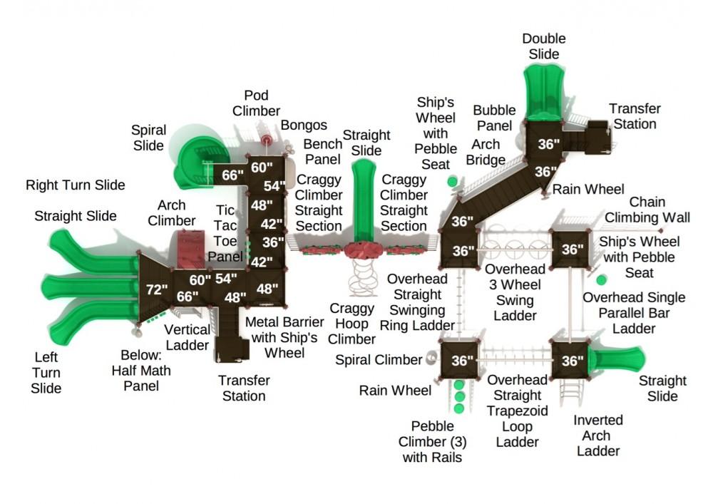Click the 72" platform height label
click(156, 289)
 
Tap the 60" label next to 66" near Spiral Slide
click(262, 168)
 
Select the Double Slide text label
click(543, 46)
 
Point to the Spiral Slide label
click(148, 138)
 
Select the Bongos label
click(304, 125)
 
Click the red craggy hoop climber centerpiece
click(364, 250)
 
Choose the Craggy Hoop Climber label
click(352, 324)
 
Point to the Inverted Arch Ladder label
click(599, 435)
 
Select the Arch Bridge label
click(486, 152)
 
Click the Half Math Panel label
click(135, 370)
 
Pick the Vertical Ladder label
click(188, 337)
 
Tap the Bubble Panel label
click(494, 118)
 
